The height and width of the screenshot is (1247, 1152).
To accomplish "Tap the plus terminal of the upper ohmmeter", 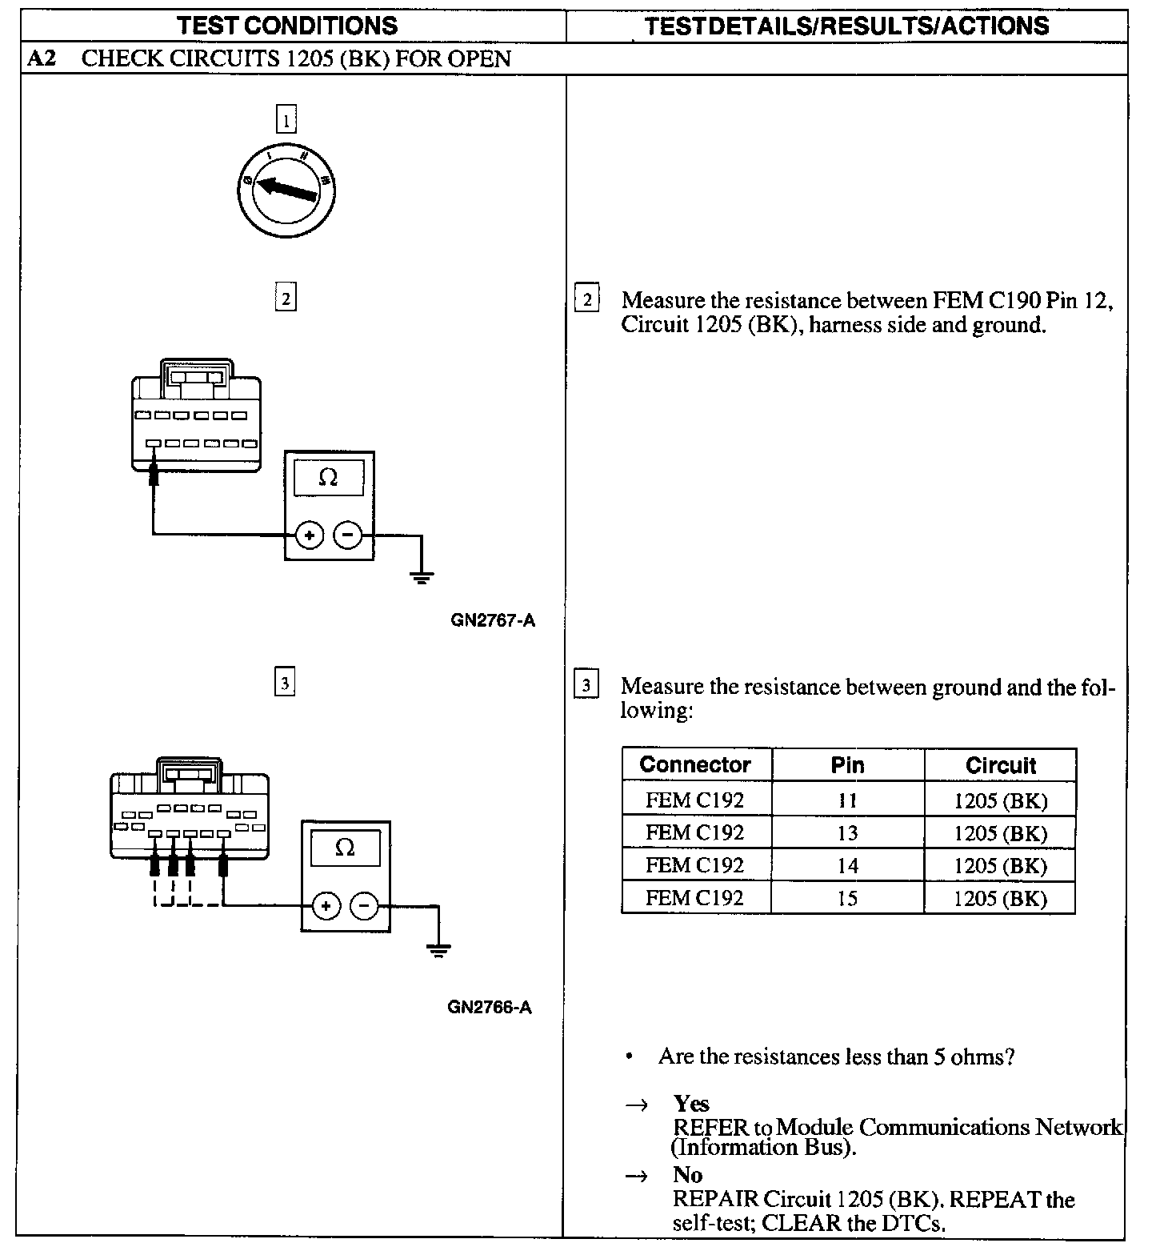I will [x=310, y=535].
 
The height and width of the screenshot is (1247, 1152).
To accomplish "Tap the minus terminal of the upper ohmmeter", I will [x=347, y=535].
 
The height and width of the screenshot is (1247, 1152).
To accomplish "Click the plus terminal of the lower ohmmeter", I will [x=326, y=906].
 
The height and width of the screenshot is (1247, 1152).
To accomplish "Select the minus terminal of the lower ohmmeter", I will [x=364, y=906].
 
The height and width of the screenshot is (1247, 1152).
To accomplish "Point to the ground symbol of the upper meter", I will [x=422, y=575].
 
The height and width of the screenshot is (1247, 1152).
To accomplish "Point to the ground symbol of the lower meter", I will [x=438, y=949].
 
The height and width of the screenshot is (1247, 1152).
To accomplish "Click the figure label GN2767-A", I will [x=493, y=621].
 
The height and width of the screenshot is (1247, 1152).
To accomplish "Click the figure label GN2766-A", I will [x=490, y=1007].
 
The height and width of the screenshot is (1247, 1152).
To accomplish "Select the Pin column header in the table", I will [x=847, y=765].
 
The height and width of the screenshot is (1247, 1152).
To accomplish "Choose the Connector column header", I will [x=695, y=765].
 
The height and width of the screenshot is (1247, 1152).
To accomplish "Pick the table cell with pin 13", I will [x=847, y=833].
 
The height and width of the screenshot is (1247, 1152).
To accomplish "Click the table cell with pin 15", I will [x=847, y=898].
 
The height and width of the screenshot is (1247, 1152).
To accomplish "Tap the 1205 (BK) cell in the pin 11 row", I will [x=1000, y=800].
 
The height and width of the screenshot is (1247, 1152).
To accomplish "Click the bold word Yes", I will [x=691, y=1104].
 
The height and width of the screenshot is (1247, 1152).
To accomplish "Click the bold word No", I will [x=688, y=1175].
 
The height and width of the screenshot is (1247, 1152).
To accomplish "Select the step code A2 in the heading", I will [x=42, y=59].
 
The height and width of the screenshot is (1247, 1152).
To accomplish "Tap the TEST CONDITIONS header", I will [x=287, y=26].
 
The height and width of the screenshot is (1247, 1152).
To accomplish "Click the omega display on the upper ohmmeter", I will [x=328, y=478].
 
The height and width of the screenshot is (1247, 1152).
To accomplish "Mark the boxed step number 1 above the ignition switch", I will [x=286, y=119].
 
